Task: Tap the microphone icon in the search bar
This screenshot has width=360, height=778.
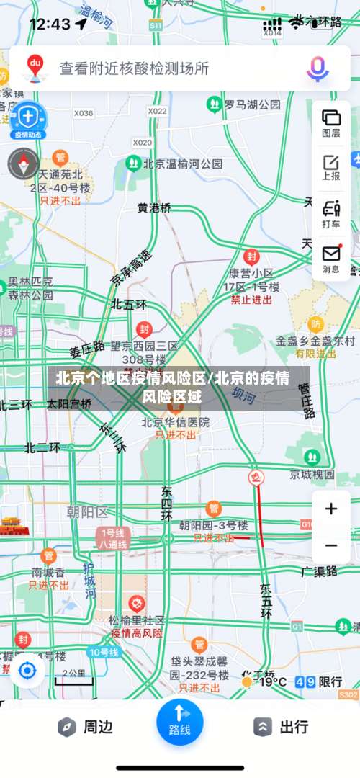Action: pos(318,68)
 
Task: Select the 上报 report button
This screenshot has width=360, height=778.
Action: pos(331,166)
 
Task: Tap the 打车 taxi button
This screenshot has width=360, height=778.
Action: pos(331,214)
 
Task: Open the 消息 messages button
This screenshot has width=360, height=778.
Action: pos(331,259)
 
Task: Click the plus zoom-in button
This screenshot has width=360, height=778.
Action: pos(331,509)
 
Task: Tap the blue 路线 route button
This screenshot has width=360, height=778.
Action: pos(180,720)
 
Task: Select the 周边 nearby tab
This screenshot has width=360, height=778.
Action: pos(86,727)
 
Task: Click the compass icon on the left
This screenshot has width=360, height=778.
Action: pos(23,164)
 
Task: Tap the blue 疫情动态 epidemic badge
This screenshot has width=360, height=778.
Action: pos(27,120)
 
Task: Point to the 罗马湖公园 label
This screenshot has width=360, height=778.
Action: pos(252,105)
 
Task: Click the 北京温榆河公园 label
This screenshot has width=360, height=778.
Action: pos(183,164)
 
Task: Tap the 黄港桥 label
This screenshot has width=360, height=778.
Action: pos(155,207)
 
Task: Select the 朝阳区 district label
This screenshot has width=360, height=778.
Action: pos(86,511)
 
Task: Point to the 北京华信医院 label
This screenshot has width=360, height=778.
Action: pos(176,422)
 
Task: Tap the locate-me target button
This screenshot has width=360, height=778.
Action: pos(27,671)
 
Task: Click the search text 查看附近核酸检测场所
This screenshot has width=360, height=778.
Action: pos(135,68)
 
